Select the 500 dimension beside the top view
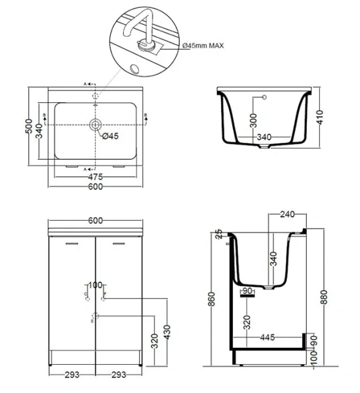[x=28, y=125]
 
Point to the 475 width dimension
[x=96, y=176]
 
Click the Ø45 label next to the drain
[x=110, y=136]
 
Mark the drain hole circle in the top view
[x=96, y=124]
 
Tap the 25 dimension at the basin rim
[x=219, y=234]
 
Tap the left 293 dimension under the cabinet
[x=73, y=375]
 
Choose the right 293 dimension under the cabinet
[x=119, y=375]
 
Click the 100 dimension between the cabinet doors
[x=96, y=285]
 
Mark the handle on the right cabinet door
[x=119, y=244]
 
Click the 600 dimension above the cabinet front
[x=96, y=221]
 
